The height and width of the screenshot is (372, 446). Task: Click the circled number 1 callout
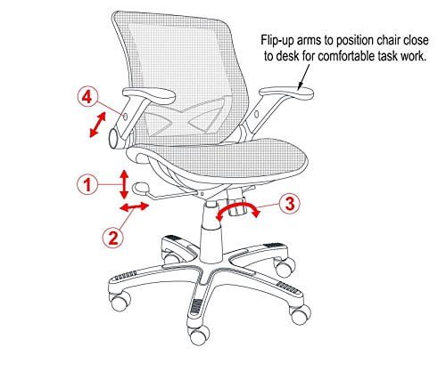(87, 185)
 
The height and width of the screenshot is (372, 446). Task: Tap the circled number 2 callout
(112, 238)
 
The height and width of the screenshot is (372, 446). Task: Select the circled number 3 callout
(290, 204)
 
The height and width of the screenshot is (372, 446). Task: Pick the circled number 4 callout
(87, 97)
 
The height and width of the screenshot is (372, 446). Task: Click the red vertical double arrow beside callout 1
(124, 184)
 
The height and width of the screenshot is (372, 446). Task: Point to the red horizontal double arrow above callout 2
(134, 206)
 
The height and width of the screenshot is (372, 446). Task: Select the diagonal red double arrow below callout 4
(97, 125)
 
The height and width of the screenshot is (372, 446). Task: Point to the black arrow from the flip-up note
(303, 77)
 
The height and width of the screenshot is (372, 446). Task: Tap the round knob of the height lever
(142, 188)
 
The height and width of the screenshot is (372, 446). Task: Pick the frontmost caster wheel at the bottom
(199, 335)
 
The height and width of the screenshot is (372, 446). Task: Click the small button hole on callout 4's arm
(125, 117)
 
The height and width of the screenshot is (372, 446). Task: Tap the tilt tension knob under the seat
(238, 207)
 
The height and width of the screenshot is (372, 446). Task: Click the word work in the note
(413, 56)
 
